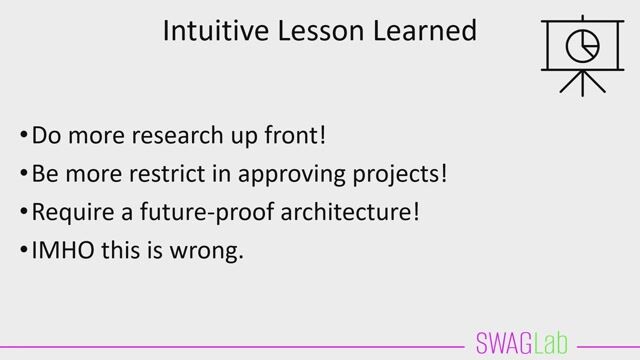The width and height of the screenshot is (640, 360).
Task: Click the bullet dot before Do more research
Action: [23, 134]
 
